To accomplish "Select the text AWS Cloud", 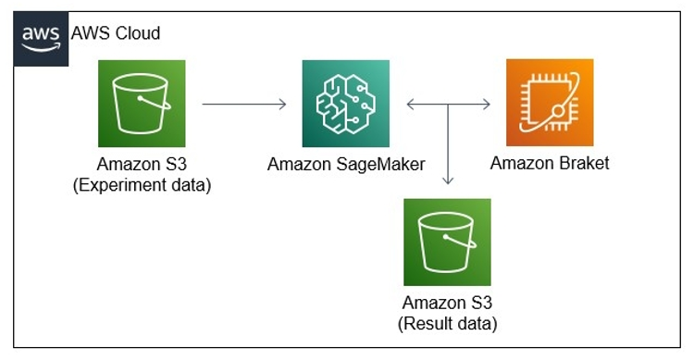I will (x=115, y=33).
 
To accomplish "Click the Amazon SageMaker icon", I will (x=345, y=103).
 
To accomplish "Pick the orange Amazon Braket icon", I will (x=550, y=102).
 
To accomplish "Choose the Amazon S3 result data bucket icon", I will (x=447, y=242).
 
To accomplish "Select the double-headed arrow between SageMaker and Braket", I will (x=448, y=104).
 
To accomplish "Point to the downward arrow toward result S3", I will (x=448, y=148).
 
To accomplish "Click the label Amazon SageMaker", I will (x=345, y=165).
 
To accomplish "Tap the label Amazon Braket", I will (x=550, y=164).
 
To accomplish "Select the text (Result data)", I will (x=447, y=323).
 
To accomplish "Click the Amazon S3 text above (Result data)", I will (x=447, y=304).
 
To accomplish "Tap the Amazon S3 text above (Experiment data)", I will (x=142, y=165).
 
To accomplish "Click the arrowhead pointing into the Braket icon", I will (x=487, y=104).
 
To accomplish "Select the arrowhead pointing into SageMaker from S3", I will (x=282, y=104).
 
